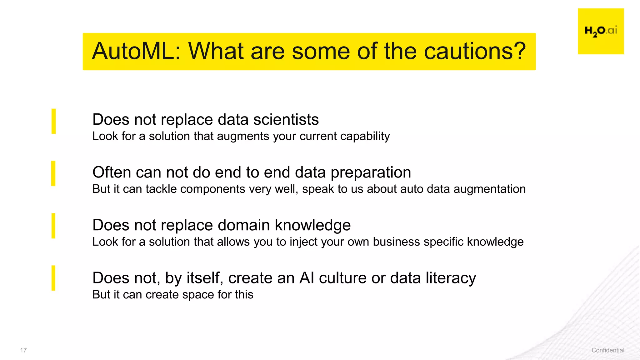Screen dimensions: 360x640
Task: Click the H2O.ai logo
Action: (x=601, y=31)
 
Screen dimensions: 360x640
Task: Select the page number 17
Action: (x=23, y=350)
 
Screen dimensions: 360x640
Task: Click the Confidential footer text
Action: (x=608, y=350)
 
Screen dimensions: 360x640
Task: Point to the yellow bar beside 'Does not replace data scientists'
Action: (x=54, y=121)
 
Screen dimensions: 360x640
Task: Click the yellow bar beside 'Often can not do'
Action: (x=53, y=173)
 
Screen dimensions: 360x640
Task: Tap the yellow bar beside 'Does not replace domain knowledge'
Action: (x=53, y=226)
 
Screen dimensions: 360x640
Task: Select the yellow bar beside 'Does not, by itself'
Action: (x=53, y=278)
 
